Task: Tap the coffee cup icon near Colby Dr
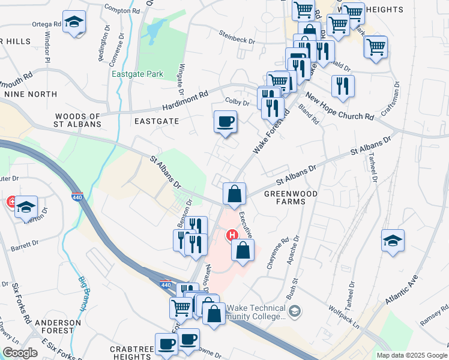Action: pyautogui.click(x=225, y=122)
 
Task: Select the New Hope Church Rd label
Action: pyautogui.click(x=339, y=107)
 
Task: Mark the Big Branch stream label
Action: pyautogui.click(x=82, y=293)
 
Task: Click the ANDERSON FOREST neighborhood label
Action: pyautogui.click(x=58, y=326)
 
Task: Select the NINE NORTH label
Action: pyautogui.click(x=31, y=94)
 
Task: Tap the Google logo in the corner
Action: pyautogui.click(x=20, y=352)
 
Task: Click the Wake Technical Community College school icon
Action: pyautogui.click(x=295, y=311)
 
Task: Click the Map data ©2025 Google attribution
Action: pyautogui.click(x=411, y=355)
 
